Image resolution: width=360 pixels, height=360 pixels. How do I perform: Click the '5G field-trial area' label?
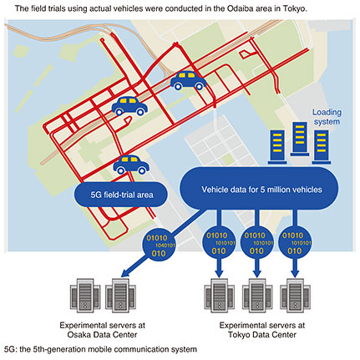click(x=122, y=195)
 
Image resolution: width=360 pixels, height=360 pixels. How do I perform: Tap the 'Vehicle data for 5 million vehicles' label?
click(x=261, y=190)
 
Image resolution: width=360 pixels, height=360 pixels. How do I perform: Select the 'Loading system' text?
click(x=327, y=117)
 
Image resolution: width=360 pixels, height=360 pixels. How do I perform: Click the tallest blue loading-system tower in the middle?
click(x=300, y=139)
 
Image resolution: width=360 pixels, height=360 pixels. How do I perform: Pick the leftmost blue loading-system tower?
click(x=277, y=147)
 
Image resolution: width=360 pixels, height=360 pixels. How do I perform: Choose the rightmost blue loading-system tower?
click(x=322, y=147)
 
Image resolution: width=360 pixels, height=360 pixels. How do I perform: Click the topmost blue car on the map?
click(x=188, y=80)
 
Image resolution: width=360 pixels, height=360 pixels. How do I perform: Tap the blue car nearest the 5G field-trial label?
click(x=131, y=165)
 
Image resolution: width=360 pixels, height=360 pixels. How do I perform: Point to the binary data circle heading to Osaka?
click(x=159, y=246)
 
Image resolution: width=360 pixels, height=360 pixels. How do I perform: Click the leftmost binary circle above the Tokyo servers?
click(x=219, y=243)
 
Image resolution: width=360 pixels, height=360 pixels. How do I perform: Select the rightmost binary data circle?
click(x=295, y=243)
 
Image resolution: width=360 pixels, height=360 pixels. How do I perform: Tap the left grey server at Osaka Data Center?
click(x=85, y=295)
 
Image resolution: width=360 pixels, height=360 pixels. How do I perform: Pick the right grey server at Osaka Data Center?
click(x=120, y=295)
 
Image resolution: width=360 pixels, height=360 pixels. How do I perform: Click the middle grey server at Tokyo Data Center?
click(x=257, y=295)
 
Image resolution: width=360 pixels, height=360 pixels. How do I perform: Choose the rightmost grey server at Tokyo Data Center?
click(x=295, y=295)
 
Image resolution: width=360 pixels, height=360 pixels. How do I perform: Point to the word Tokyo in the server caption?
click(x=239, y=334)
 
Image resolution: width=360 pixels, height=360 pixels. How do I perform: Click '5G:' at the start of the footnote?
click(x=11, y=349)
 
